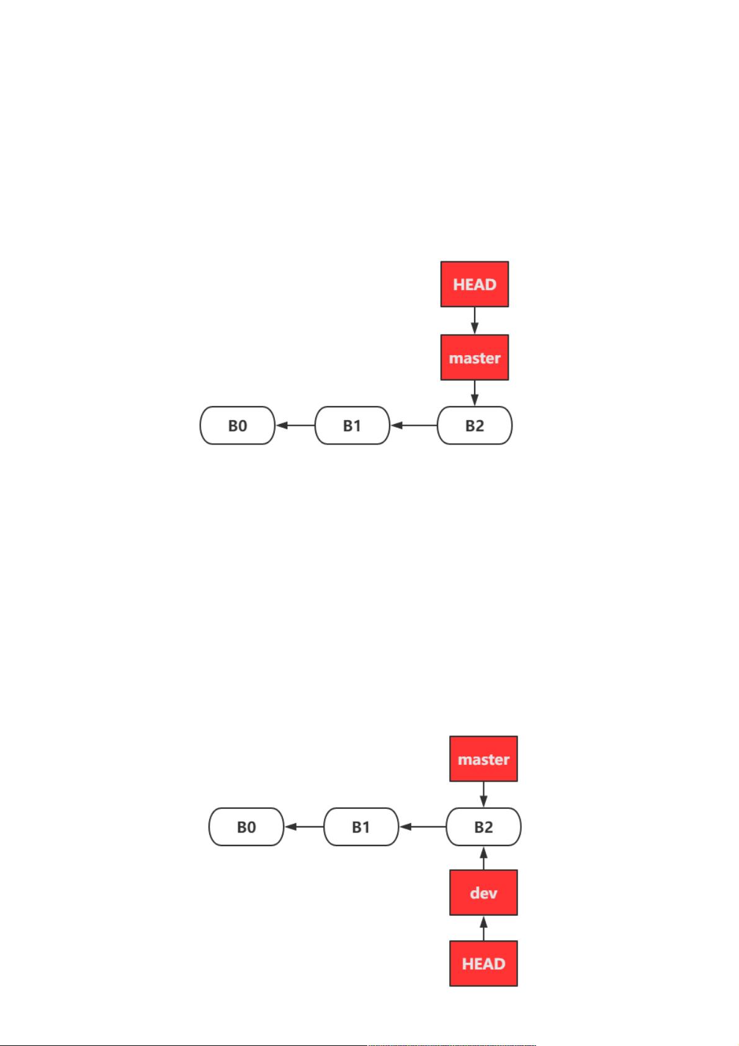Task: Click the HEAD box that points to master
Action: pyautogui.click(x=474, y=284)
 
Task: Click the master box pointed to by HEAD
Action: pyautogui.click(x=474, y=357)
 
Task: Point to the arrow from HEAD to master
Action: pyautogui.click(x=474, y=321)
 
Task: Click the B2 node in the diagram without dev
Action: pyautogui.click(x=474, y=425)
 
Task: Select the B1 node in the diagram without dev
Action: pyautogui.click(x=352, y=425)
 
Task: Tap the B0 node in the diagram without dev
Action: pyautogui.click(x=237, y=425)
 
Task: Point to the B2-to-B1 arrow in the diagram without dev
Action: pyautogui.click(x=414, y=425)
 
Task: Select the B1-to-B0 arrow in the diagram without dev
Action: pyautogui.click(x=295, y=425)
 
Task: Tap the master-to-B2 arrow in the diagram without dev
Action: pyautogui.click(x=474, y=393)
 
